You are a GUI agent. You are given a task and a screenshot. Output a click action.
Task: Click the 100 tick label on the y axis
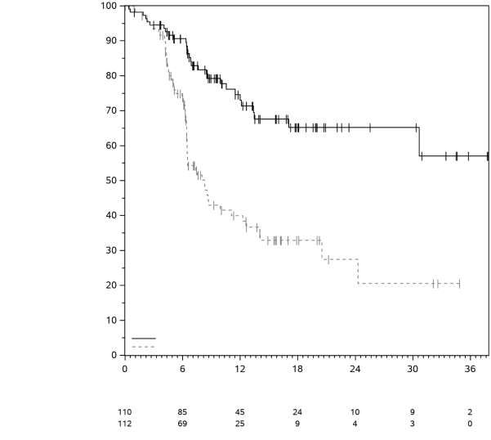click(x=109, y=6)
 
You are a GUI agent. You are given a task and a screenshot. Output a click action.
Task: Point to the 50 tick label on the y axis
click(x=111, y=181)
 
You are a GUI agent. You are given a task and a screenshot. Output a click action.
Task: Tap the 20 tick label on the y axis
click(x=111, y=285)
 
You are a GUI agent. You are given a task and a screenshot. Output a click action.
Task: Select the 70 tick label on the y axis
click(x=111, y=110)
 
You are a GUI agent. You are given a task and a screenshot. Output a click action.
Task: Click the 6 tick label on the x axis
click(x=182, y=369)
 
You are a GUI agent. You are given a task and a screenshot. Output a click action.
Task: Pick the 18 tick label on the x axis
click(x=297, y=369)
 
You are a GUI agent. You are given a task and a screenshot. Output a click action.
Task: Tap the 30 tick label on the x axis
click(x=413, y=369)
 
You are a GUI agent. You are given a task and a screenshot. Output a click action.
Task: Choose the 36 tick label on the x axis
click(x=470, y=369)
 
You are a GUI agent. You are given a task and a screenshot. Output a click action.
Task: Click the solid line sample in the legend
click(x=143, y=338)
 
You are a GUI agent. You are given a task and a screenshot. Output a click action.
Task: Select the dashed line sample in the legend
click(x=143, y=347)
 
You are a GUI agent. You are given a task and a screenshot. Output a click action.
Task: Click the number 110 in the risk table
click(x=124, y=411)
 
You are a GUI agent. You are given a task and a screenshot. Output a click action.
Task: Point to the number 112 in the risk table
click(x=124, y=423)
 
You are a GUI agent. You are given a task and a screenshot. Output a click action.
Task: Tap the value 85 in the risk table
click(x=182, y=411)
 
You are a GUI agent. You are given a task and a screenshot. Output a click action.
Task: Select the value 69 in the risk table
click(x=182, y=423)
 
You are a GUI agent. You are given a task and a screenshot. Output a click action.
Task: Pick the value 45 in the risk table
click(x=240, y=411)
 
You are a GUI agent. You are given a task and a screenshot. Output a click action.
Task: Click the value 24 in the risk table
click(x=297, y=411)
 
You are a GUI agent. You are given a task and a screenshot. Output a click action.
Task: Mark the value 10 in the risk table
click(x=355, y=411)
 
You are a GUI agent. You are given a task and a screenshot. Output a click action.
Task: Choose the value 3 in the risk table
click(x=413, y=423)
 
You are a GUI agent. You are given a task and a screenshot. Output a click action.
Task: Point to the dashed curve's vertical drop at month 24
click(x=358, y=272)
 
